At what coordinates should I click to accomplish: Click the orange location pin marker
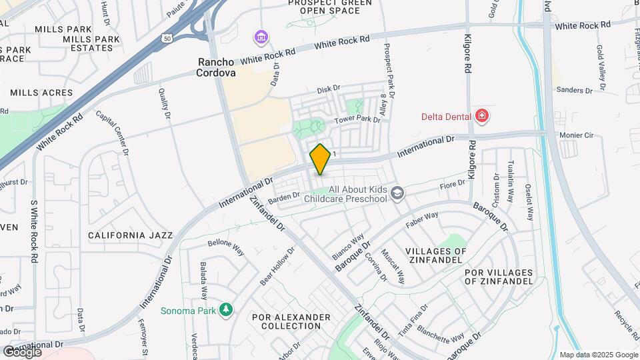[x=321, y=159]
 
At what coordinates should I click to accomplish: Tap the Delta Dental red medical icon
[x=482, y=117]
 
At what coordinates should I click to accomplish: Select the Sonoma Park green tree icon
[x=227, y=310]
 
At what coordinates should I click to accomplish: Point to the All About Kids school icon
[x=398, y=193]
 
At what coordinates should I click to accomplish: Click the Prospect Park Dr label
[x=389, y=71]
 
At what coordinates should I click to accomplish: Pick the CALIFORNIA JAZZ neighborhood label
[x=131, y=235]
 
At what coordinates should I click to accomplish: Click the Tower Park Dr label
[x=357, y=120]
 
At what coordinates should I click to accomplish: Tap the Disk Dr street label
[x=329, y=89]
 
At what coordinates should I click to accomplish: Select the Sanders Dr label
[x=575, y=90]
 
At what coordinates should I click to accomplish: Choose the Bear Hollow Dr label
[x=277, y=265]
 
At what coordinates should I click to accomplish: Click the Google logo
[x=22, y=351]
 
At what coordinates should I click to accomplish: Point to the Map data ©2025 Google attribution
[x=598, y=355]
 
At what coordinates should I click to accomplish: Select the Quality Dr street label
[x=164, y=105]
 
